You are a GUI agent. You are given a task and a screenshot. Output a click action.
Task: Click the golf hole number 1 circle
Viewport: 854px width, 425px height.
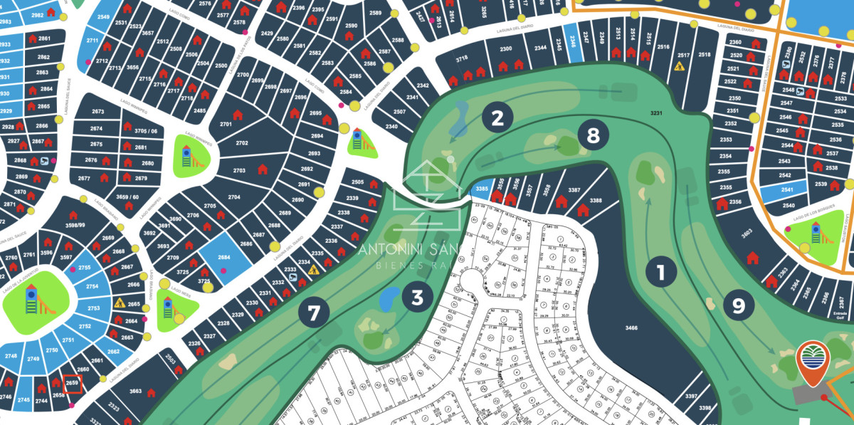pyautogui.click(x=660, y=272)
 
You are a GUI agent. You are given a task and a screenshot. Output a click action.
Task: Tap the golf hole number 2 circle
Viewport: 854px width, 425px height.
pyautogui.click(x=497, y=117)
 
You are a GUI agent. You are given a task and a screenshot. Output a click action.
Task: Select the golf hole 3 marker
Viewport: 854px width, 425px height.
pyautogui.click(x=417, y=297)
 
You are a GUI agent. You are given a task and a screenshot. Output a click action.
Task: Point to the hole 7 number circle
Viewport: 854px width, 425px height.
pyautogui.click(x=314, y=313)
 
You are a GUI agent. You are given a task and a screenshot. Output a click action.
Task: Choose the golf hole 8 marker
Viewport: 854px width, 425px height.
pyautogui.click(x=593, y=135)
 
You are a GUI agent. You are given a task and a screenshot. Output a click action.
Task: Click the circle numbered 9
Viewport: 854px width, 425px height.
pyautogui.click(x=739, y=305)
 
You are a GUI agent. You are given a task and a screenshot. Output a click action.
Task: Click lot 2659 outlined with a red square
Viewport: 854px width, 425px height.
pyautogui.click(x=72, y=384)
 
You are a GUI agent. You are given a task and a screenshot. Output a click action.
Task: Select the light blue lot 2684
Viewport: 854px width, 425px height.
pyautogui.click(x=223, y=256)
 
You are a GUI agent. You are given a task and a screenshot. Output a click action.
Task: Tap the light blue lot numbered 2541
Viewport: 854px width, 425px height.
pyautogui.click(x=786, y=190)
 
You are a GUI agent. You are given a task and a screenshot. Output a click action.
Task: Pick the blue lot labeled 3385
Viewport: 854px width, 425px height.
pyautogui.click(x=481, y=189)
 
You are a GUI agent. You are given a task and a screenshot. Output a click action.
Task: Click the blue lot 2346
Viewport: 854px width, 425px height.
pyautogui.click(x=574, y=41)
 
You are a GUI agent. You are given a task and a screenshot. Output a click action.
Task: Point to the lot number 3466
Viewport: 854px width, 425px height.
pyautogui.click(x=631, y=327)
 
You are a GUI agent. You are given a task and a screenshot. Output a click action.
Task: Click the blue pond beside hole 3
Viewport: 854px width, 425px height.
pyautogui.click(x=390, y=298)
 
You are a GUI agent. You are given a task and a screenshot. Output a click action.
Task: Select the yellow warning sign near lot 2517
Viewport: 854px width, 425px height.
pyautogui.click(x=678, y=68)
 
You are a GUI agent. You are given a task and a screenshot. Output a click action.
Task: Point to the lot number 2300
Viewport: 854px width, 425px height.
pyautogui.click(x=506, y=48)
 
